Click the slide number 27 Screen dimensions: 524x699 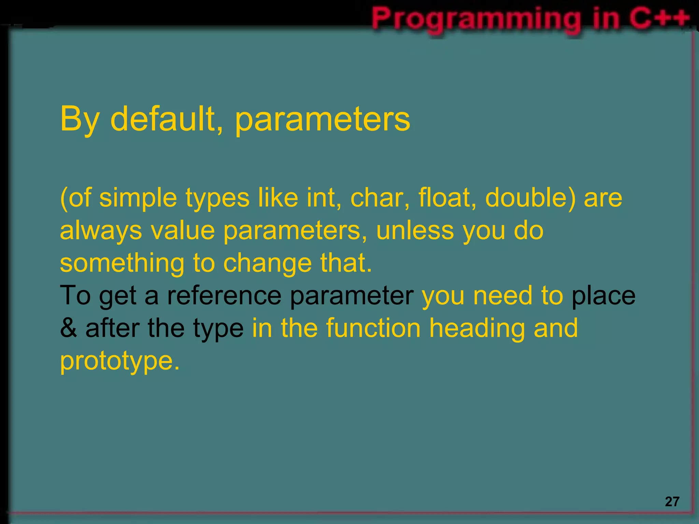click(x=672, y=501)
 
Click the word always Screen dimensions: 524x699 click(x=101, y=231)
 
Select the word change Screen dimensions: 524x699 click(x=268, y=263)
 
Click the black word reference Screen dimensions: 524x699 click(x=224, y=295)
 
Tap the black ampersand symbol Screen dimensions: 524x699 click(x=68, y=328)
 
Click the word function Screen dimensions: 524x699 click(x=373, y=328)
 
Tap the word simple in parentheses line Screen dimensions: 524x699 click(x=138, y=198)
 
